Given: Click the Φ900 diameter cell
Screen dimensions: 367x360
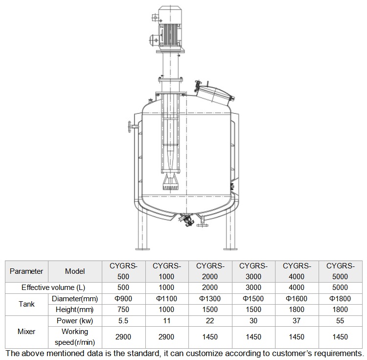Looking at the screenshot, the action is tap(123, 299).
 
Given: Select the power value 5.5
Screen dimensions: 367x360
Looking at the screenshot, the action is tap(123, 321).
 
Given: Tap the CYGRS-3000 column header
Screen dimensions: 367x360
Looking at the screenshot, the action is tap(253, 271).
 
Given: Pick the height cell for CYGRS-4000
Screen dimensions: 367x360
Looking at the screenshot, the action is tap(297, 310).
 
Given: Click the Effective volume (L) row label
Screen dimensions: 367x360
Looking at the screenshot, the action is tap(53, 288).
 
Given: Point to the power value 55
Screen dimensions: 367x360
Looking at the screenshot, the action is tap(340, 321).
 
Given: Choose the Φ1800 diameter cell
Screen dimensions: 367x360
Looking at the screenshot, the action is tap(340, 299).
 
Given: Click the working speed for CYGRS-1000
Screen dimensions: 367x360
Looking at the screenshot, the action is tap(166, 337).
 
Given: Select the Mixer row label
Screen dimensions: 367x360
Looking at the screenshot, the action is tap(26, 332).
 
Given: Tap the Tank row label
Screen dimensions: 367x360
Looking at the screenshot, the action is tap(26, 304).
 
